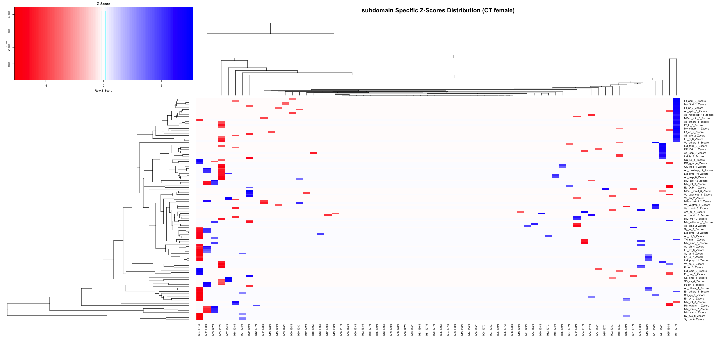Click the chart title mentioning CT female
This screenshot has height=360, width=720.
438,10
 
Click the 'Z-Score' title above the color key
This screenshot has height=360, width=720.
103,4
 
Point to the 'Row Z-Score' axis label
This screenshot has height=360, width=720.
103,91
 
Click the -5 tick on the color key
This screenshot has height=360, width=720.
46,86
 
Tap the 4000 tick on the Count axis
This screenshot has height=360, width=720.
9,14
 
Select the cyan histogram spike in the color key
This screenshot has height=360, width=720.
104,45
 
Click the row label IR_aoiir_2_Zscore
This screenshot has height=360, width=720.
695,101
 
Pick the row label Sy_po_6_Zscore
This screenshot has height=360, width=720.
694,320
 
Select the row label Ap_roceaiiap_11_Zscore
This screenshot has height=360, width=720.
699,115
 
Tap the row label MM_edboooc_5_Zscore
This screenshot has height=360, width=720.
698,222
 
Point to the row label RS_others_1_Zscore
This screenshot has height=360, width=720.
696,306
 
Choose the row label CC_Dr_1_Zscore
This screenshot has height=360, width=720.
694,160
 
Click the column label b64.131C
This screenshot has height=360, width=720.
199,330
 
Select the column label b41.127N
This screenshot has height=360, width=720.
676,330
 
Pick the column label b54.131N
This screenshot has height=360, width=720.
583,330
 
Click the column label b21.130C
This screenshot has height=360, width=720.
662,330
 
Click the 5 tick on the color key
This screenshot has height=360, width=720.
161,86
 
